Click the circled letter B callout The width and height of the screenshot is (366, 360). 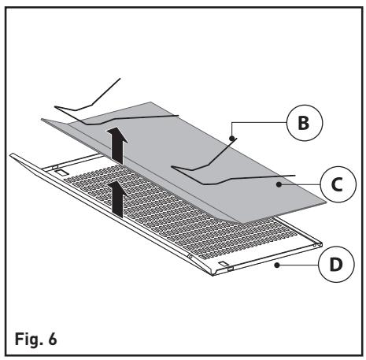(305, 123)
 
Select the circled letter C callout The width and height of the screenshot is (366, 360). (338, 184)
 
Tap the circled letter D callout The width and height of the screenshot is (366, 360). (336, 264)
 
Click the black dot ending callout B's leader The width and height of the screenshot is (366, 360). (231, 138)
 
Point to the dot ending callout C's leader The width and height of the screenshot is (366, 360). (279, 184)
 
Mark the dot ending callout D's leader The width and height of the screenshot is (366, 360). (276, 265)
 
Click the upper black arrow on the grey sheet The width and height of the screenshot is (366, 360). (117, 145)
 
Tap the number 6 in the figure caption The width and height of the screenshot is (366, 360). (53, 339)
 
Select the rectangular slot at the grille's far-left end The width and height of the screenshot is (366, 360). (61, 172)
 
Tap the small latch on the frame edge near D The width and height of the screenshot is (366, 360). (231, 269)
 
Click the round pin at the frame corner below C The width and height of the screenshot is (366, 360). (320, 245)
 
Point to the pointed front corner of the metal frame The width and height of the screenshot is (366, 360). (213, 275)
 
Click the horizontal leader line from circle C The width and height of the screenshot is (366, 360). (300, 184)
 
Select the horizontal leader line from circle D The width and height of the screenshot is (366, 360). (298, 265)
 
